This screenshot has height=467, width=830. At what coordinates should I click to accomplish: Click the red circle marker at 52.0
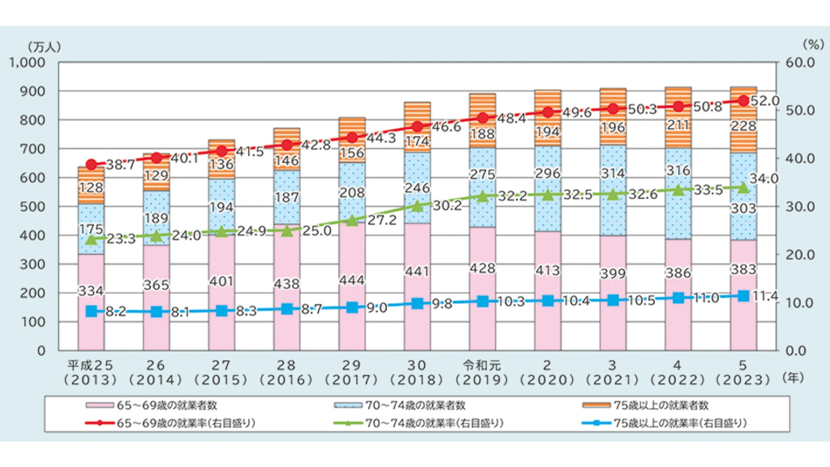tap(743, 101)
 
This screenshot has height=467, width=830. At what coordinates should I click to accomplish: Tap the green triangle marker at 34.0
tap(743, 188)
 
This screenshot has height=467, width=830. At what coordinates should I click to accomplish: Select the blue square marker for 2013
tap(91, 311)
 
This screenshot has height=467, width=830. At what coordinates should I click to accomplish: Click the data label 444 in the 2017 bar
tap(352, 280)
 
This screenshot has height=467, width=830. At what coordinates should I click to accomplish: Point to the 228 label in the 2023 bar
tap(744, 126)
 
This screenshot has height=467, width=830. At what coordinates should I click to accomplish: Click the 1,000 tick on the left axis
tap(27, 63)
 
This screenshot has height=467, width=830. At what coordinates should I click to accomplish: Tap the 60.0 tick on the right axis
tap(800, 63)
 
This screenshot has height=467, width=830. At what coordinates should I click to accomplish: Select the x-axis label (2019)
tap(482, 380)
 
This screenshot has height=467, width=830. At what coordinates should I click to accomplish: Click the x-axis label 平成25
tap(90, 365)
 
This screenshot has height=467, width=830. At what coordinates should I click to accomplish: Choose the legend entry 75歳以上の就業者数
tap(661, 405)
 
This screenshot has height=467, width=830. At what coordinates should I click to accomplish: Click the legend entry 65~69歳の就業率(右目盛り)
tap(186, 423)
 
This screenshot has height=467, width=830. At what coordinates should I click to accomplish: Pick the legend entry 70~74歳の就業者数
tap(415, 405)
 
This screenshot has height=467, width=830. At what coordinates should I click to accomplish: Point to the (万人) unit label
tap(44, 47)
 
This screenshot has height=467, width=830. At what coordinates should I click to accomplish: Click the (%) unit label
tap(813, 45)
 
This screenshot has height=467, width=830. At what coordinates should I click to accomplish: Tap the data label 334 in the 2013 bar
tap(91, 291)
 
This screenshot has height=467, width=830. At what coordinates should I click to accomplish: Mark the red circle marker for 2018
tap(417, 127)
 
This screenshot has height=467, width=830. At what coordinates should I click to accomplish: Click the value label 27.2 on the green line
tap(382, 220)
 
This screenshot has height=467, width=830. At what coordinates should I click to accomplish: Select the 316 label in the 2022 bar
tap(678, 171)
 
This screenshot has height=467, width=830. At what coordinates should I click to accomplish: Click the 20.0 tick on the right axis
tap(800, 255)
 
